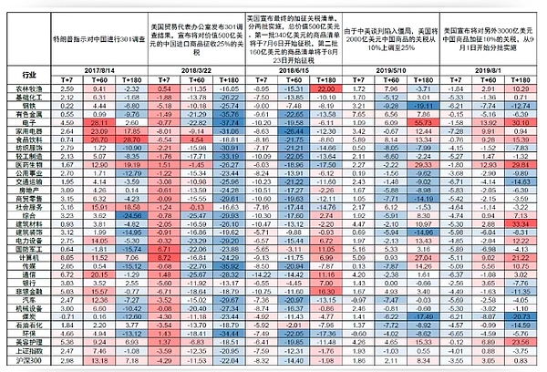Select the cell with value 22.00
click(325, 88)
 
